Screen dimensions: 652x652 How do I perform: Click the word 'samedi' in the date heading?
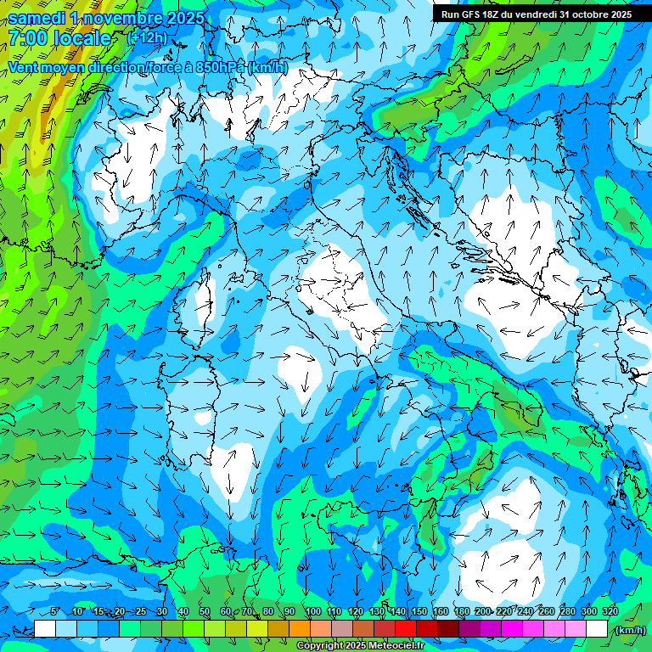[x=38, y=18]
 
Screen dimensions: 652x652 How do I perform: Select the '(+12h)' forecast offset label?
[x=147, y=37]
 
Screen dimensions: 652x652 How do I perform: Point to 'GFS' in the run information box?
[x=469, y=14]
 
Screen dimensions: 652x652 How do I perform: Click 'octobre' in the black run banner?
[x=584, y=14]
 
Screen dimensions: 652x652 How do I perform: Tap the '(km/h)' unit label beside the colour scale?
[x=630, y=630]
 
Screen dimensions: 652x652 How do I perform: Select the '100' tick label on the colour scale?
[x=312, y=611]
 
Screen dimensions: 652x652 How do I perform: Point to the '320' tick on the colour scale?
[x=610, y=611]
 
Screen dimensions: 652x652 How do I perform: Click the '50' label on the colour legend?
[x=205, y=611]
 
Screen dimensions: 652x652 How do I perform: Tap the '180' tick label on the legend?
[x=461, y=611]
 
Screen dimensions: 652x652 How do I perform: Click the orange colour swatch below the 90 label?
[x=300, y=629]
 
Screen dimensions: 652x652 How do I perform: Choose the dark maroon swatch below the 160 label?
[x=448, y=629]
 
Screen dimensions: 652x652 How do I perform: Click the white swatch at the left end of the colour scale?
[x=45, y=629]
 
